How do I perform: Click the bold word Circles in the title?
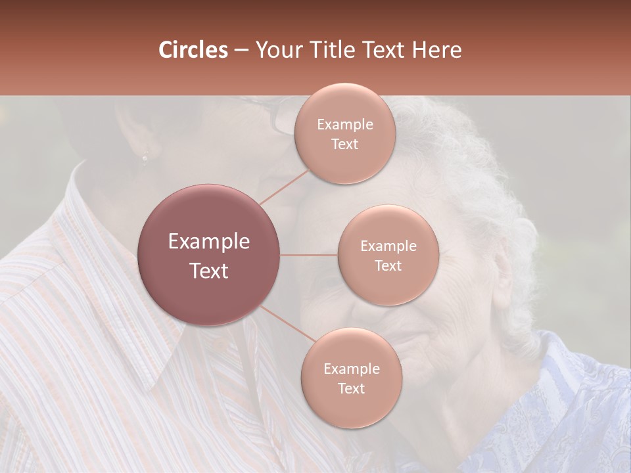193,50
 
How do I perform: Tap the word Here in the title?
436,50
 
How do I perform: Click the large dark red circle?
209,255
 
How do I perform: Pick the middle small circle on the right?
388,255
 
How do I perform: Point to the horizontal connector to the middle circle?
309,255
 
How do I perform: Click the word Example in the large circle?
209,242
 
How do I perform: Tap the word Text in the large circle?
209,271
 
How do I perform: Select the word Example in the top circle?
345,125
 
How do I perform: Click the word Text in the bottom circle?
351,388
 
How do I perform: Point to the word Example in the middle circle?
388,246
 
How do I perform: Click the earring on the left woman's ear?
145,156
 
